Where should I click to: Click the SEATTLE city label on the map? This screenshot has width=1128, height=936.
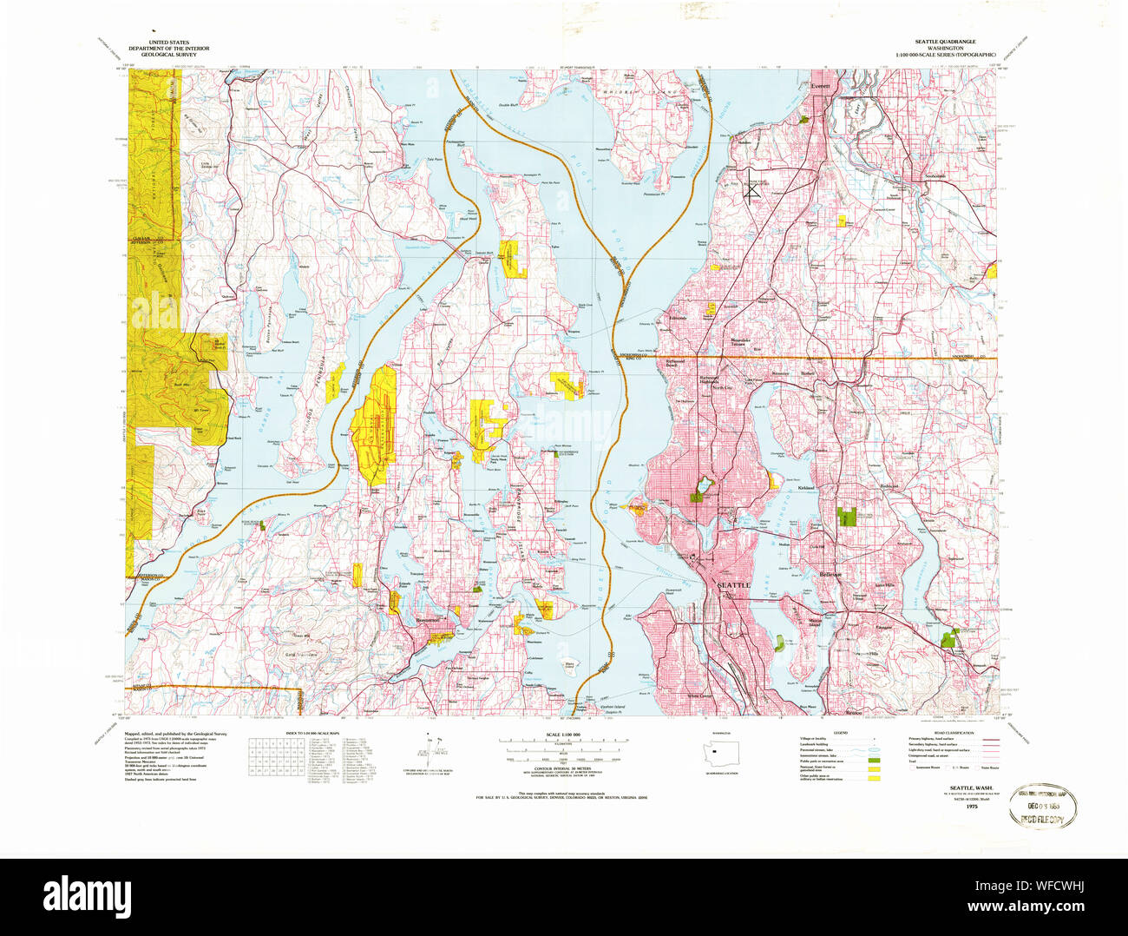coord(733,585)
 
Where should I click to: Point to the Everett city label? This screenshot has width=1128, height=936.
coord(820,87)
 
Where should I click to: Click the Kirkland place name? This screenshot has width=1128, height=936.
coord(807,489)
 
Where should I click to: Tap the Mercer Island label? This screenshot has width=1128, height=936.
coord(813,623)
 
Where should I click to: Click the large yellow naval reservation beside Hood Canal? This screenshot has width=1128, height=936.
coord(374,425)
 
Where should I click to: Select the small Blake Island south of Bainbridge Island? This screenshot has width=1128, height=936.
coord(569,666)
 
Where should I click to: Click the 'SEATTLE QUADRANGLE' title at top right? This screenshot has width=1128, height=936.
coord(944,42)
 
